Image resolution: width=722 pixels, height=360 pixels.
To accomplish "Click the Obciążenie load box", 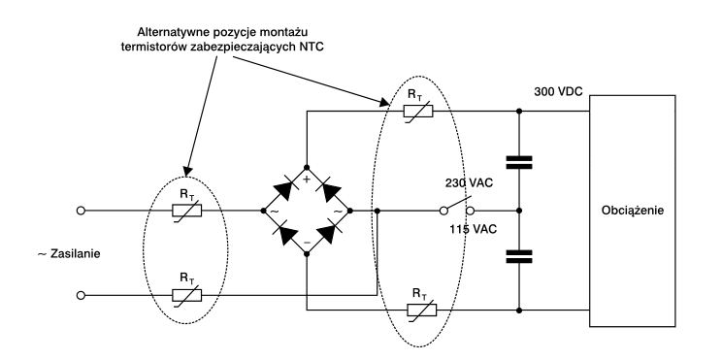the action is (632, 211).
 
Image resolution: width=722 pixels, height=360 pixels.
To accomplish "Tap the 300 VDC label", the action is (558, 91).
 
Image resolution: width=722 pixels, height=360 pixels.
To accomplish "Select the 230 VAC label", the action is (469, 182).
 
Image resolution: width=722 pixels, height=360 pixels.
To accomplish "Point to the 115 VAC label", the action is (474, 229).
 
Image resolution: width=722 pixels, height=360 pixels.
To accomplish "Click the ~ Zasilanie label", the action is (69, 253).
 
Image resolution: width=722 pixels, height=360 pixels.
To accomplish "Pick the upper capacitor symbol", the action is (519, 162).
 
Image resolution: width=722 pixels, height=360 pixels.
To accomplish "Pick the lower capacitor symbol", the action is (519, 256).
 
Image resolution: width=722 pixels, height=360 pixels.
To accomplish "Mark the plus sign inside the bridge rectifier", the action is (307, 180).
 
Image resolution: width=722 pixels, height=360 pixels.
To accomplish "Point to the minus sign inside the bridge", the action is (307, 243).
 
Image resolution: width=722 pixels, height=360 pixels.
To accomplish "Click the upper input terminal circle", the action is (82, 211).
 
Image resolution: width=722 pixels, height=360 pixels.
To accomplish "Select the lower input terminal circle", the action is (82, 295).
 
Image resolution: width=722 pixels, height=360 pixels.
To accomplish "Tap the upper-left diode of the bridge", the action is (285, 189).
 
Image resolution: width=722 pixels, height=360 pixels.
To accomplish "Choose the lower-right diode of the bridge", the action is (329, 233).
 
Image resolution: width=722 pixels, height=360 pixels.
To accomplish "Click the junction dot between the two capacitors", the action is (519, 211).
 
